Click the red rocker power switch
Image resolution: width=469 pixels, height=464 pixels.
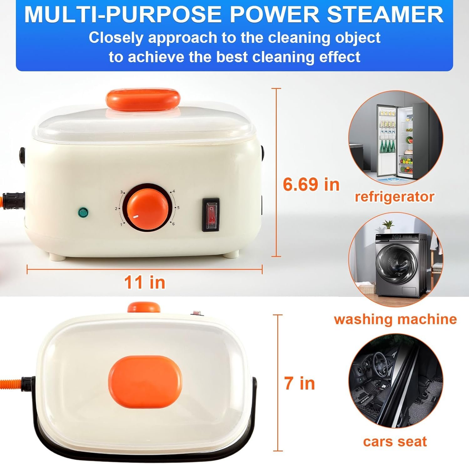(x=211, y=215)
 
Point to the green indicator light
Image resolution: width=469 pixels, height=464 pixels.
(x=83, y=212)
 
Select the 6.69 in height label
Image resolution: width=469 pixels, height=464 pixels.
(x=311, y=184)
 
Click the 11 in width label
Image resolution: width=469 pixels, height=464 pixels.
(x=144, y=282)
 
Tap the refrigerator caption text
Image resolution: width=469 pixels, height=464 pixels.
(x=395, y=196)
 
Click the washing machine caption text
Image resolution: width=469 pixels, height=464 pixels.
(x=396, y=319)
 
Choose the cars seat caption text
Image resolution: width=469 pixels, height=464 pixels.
(x=395, y=441)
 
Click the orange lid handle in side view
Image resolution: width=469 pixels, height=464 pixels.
(x=143, y=98)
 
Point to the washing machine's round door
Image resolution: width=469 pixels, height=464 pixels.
(x=395, y=264)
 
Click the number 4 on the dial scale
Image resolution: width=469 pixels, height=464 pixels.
(x=174, y=191)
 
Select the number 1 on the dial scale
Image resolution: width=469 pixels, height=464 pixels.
(x=121, y=224)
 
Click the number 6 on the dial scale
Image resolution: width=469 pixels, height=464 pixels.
(x=174, y=224)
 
